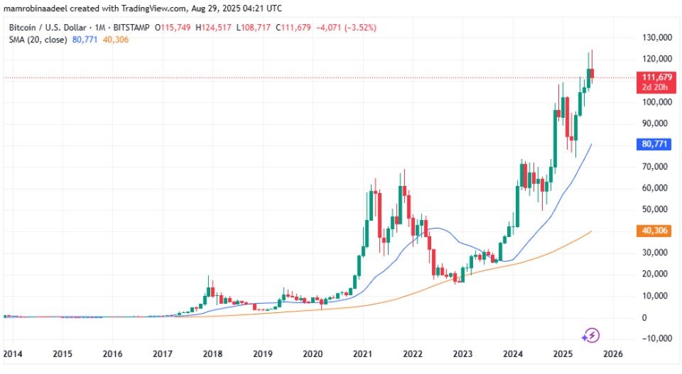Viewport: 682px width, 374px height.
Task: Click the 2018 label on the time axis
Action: click(212, 353)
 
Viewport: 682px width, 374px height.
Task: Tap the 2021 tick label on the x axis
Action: click(363, 353)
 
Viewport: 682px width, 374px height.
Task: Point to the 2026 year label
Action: click(613, 353)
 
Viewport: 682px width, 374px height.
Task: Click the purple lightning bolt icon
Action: click(591, 334)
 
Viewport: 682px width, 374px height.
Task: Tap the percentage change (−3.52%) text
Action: click(358, 27)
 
